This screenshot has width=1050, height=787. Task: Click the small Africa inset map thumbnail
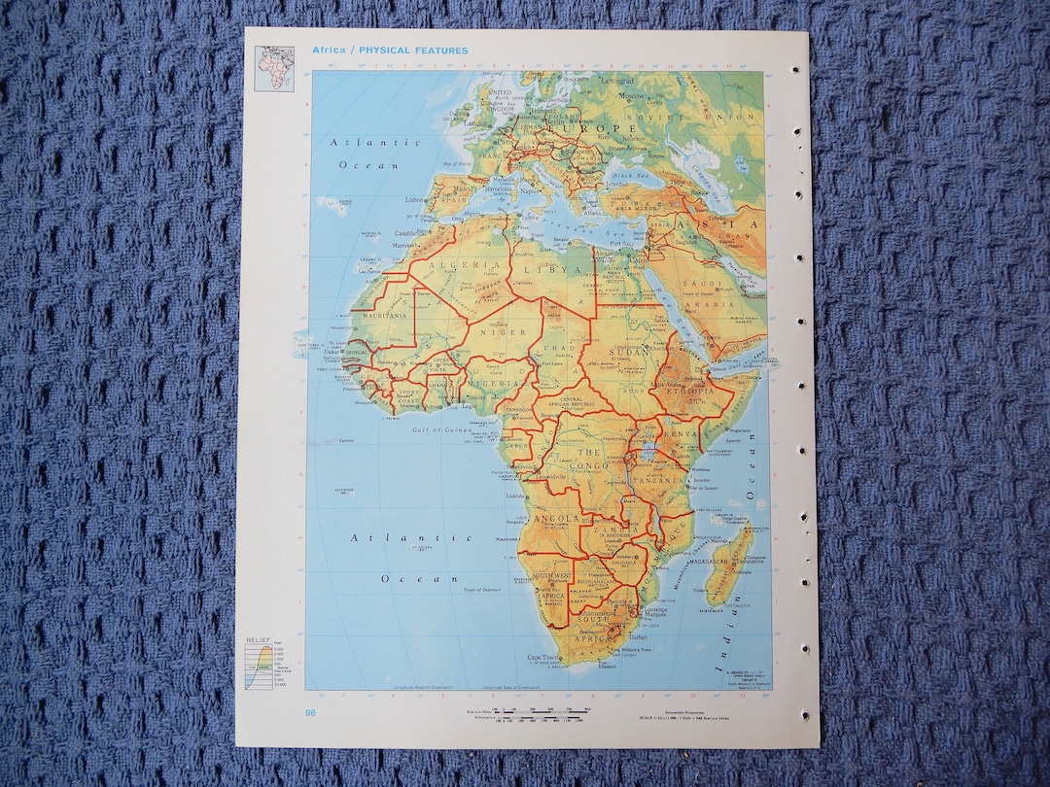tap(274, 68)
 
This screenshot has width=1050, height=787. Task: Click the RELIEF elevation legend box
tap(263, 664)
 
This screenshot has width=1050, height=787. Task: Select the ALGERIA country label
tap(448, 264)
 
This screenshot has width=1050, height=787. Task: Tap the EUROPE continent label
tap(580, 128)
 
